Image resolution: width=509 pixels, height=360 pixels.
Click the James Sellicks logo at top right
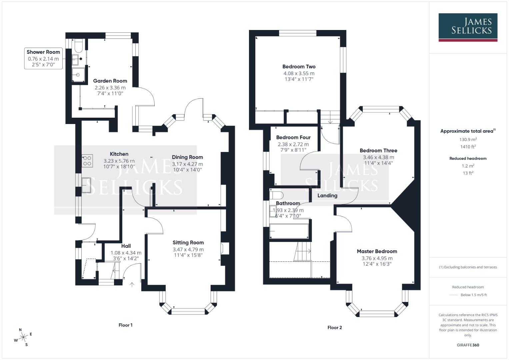(468, 27)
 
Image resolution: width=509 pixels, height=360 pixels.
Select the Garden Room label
(110, 81)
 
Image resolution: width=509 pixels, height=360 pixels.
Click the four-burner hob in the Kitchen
(87, 161)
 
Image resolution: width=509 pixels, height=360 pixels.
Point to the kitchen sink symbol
(86, 185)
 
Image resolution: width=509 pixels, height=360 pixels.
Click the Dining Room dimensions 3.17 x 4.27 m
(187, 164)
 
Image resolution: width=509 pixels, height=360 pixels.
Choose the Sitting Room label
(188, 243)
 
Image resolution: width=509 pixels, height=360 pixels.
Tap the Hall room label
(126, 246)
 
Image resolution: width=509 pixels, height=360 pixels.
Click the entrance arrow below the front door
(132, 285)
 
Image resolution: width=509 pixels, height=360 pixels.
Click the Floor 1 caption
(126, 325)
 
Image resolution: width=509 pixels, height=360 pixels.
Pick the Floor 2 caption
(335, 327)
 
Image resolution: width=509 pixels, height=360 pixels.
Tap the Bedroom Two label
(299, 67)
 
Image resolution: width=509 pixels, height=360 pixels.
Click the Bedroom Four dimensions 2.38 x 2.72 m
(293, 144)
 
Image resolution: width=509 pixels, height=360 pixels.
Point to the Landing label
(327, 196)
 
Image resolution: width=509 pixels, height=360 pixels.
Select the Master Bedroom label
(377, 251)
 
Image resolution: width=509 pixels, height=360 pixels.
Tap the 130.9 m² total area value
(468, 140)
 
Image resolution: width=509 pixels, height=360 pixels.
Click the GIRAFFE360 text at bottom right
(468, 345)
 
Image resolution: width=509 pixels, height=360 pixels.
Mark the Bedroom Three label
(378, 150)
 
